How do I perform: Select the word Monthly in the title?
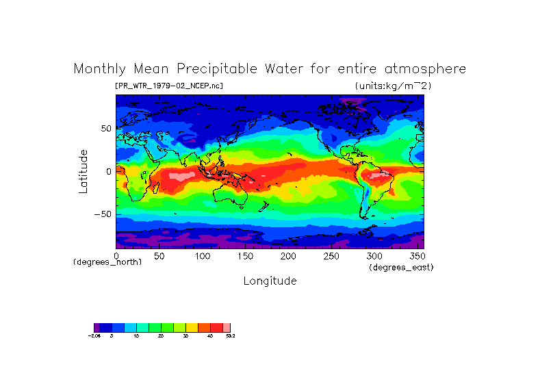pyautogui.click(x=100, y=69)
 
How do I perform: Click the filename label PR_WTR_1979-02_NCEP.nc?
pyautogui.click(x=169, y=86)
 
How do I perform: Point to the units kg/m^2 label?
pyautogui.click(x=393, y=86)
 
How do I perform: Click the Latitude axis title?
pyautogui.click(x=83, y=171)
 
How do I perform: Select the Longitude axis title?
pyautogui.click(x=270, y=281)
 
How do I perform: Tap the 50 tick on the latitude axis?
pyautogui.click(x=105, y=128)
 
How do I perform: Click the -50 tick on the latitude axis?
pyautogui.click(x=103, y=214)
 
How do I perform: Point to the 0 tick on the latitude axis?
pyautogui.click(x=107, y=171)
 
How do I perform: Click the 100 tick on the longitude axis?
pyautogui.click(x=202, y=256)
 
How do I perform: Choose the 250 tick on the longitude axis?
pyautogui.click(x=331, y=256)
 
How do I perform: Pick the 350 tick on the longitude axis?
pyautogui.click(x=416, y=256)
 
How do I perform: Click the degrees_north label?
pyautogui.click(x=107, y=262)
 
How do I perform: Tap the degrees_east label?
pyautogui.click(x=401, y=267)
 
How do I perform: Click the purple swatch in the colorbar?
pyautogui.click(x=97, y=327)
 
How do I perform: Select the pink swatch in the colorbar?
pyautogui.click(x=227, y=327)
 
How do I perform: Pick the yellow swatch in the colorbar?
pyautogui.click(x=192, y=327)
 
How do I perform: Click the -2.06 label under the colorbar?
pyautogui.click(x=94, y=335)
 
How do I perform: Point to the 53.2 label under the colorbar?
pyautogui.click(x=230, y=335)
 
